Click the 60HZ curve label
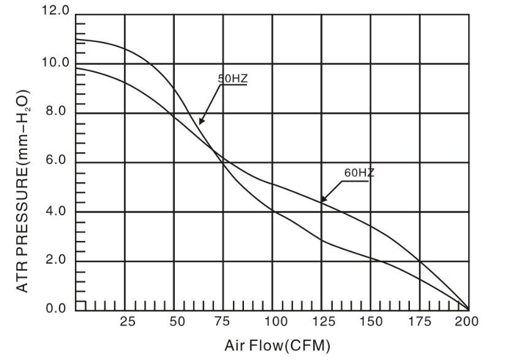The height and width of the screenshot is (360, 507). [x=359, y=173]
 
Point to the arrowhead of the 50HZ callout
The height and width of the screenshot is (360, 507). [x=199, y=123]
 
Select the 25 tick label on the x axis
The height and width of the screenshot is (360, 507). [x=128, y=321]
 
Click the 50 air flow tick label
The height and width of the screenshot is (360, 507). [x=177, y=321]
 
